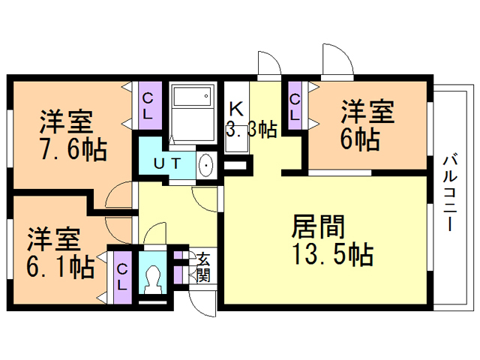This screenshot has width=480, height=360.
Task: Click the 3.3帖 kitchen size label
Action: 251,129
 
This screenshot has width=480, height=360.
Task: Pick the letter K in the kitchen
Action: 235,107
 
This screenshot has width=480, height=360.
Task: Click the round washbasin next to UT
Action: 206,165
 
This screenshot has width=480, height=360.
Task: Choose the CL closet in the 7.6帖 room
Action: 148,104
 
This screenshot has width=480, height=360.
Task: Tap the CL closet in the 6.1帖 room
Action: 122,275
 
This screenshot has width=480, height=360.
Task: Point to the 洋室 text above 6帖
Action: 367,111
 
